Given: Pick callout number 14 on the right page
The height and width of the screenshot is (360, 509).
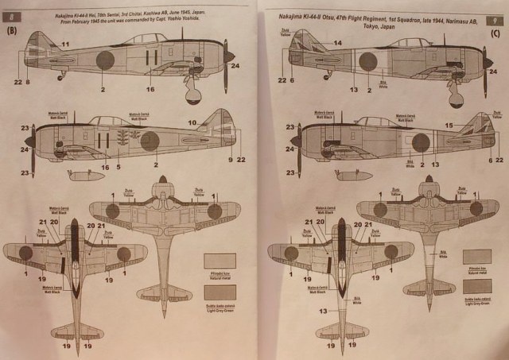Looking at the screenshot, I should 337,42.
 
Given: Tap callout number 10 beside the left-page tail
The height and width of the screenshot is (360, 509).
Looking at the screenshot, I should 192,122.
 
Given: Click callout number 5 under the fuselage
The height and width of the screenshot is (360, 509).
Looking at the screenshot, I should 117,166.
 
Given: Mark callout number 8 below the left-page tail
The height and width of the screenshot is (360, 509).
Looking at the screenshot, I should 27,82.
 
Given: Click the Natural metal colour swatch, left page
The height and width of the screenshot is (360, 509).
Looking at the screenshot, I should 220,260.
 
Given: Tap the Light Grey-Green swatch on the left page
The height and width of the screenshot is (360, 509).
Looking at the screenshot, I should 220,287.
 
